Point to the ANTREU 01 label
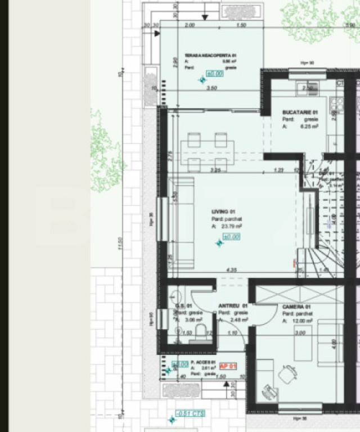click(229, 307)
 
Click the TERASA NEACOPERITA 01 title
click(210, 56)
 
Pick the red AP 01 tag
click(228, 366)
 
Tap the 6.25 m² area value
click(309, 127)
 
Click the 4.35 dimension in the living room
click(230, 270)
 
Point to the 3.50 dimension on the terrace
click(212, 88)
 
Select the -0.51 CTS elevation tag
click(190, 414)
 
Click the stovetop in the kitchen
click(337, 104)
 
